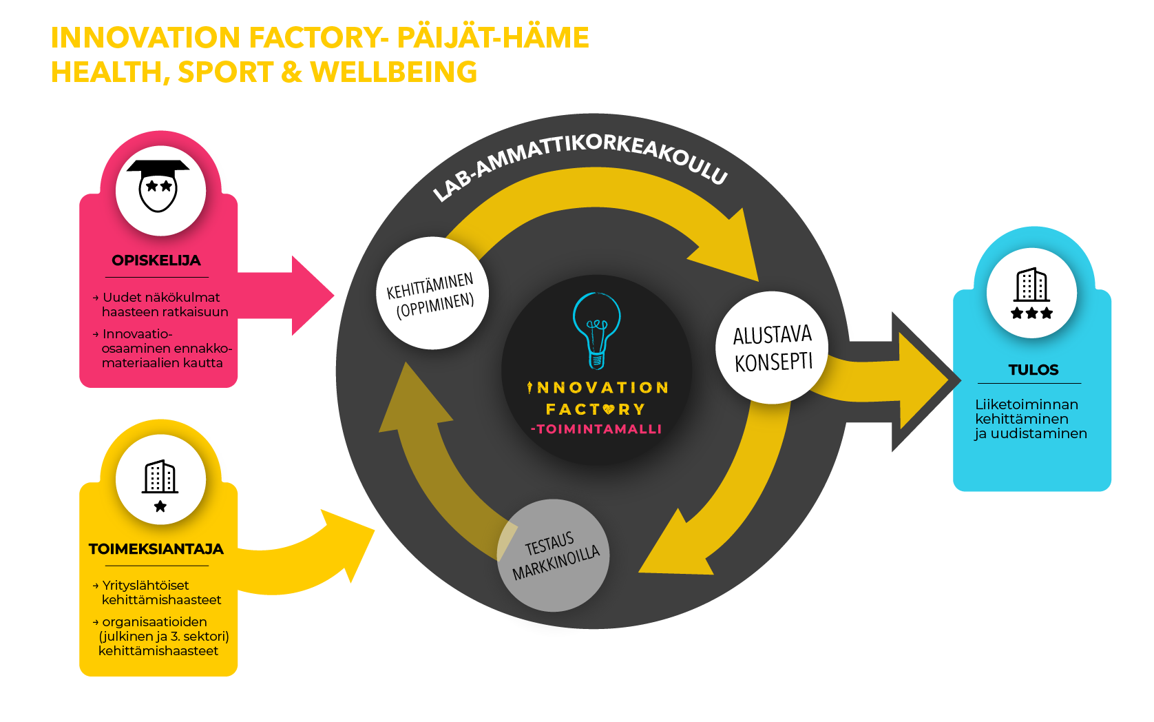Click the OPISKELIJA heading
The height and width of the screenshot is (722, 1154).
[156, 260]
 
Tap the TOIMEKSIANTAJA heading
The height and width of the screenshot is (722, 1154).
[156, 549]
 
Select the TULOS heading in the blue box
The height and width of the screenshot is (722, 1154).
[1033, 370]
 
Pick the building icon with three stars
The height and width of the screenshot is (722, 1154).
[1031, 293]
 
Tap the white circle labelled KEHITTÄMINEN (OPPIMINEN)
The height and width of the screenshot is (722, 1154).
[432, 293]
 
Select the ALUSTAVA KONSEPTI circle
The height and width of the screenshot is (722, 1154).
[772, 348]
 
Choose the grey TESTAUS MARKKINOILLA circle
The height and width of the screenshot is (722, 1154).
[554, 555]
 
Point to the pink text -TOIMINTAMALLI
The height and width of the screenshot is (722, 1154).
[596, 429]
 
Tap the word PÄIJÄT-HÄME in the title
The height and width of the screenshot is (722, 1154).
[492, 37]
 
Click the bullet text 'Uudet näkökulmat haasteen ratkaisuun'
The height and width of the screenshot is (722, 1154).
[164, 305]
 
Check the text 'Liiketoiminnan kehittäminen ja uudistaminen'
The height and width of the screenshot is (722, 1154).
[1030, 419]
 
